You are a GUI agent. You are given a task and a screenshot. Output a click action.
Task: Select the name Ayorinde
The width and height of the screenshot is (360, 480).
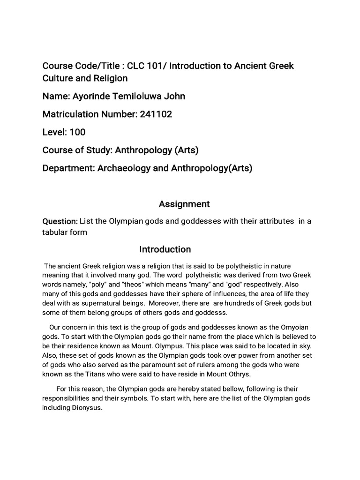coord(91,96)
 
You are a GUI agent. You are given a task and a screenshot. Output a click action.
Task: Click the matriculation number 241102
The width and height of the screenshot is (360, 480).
coord(156,114)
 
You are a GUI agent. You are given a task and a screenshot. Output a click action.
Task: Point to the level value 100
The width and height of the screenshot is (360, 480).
coord(78,132)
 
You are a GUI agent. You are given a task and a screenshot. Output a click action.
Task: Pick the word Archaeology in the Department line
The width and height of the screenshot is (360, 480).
coord(124,168)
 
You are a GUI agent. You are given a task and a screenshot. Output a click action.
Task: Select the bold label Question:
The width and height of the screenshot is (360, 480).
coord(60,221)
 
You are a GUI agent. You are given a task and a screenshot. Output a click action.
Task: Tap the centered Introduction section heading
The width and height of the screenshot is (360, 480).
coord(165,249)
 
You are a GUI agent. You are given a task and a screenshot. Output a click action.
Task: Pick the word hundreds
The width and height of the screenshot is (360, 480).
coord(254,303)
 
